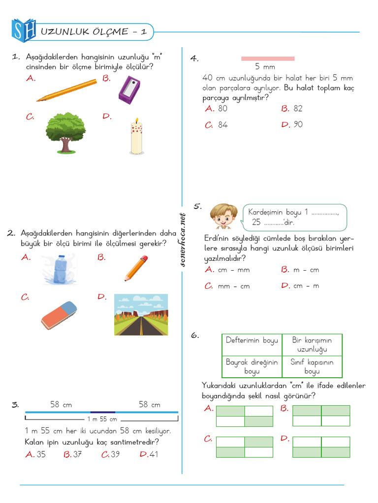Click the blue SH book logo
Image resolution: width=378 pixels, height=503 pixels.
pos(24,30)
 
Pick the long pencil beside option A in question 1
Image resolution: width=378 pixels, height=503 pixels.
pos(66,90)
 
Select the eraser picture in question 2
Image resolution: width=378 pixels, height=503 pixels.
pos(59,315)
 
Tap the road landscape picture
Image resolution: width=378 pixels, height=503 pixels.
pos(141,315)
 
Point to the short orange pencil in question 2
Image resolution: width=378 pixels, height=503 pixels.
pos(136,268)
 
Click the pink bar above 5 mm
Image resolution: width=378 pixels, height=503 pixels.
pos(268,58)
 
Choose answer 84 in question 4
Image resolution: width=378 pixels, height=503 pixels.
pos(223,125)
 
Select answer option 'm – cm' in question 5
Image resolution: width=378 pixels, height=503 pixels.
pos(306,270)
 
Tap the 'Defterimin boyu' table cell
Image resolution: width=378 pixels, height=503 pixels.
pos(252,340)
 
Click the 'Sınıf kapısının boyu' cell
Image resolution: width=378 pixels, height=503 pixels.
pos(312,366)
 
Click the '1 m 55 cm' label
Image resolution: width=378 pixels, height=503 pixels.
pos(102,419)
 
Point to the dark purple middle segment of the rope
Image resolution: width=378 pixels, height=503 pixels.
pos(102,412)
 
